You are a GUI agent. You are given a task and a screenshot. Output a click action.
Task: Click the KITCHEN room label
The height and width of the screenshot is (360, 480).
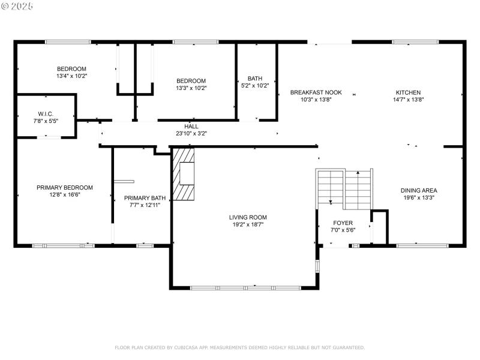(408, 92)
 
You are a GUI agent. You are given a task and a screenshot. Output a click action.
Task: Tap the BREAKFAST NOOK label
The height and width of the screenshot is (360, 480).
(316, 92)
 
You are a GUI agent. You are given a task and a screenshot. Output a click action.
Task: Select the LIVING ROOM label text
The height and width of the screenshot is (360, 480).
(248, 217)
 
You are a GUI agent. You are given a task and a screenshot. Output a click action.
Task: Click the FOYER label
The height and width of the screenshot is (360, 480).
(343, 223)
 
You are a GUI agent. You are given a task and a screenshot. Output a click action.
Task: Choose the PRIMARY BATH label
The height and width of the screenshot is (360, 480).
(145, 197)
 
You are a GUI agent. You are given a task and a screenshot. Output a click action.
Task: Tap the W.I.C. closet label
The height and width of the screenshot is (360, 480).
(46, 113)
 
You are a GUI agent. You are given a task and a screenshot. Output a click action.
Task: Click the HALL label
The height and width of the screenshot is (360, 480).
(191, 127)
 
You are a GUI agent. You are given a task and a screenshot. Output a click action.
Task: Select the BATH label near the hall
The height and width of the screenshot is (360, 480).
(255, 79)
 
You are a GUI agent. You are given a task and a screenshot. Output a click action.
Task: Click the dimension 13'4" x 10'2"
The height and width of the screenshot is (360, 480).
(72, 76)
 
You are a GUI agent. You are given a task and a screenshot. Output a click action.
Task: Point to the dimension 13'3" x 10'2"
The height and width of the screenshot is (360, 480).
(191, 88)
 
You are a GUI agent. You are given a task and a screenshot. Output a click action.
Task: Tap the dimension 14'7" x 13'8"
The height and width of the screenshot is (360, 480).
(408, 100)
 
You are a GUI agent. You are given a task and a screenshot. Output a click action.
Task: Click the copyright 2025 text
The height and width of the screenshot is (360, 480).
(18, 6)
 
